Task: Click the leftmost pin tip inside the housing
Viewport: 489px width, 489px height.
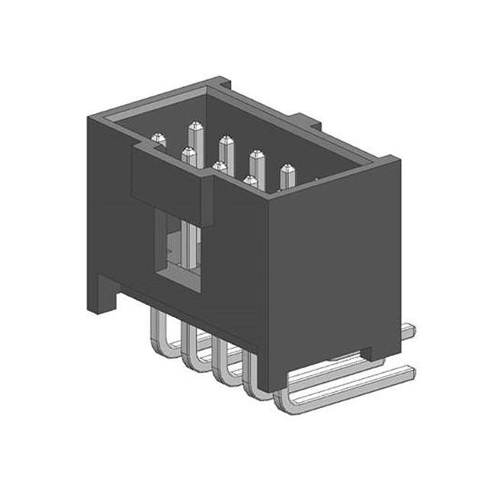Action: [x=158, y=139]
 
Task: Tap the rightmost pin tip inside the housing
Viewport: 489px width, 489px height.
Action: [x=287, y=169]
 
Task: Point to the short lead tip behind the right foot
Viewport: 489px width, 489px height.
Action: [x=409, y=330]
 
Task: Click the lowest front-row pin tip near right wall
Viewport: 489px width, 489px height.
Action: [x=249, y=181]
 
